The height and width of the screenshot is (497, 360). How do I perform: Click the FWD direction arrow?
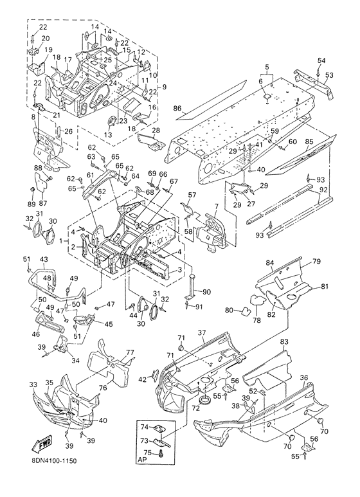(42, 443)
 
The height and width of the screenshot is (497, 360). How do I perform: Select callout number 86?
(177, 109)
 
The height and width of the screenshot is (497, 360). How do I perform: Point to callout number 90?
(206, 291)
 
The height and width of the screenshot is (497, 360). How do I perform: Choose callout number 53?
(330, 75)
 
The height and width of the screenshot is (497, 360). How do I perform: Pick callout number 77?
(130, 352)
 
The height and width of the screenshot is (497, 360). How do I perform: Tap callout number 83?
(284, 342)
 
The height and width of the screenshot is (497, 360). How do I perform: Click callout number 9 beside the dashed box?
(164, 86)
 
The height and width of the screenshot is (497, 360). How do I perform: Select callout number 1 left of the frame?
(62, 241)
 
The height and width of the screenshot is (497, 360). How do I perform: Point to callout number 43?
(44, 260)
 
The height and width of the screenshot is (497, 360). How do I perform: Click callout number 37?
(202, 332)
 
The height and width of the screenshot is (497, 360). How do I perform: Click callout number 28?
(156, 131)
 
